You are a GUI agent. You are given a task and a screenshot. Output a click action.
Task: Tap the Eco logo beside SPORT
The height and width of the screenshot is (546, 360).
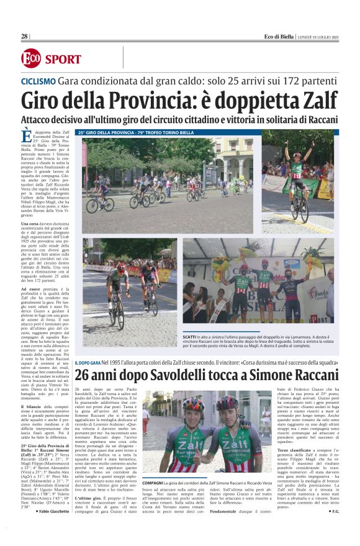coord(30,58)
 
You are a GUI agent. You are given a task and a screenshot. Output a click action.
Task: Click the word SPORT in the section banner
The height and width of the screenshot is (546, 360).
coord(62,59)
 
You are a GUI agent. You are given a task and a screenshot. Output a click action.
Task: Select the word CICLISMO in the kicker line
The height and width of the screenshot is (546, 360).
coord(38,82)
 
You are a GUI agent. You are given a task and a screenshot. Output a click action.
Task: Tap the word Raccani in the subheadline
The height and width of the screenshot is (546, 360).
coord(317,119)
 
